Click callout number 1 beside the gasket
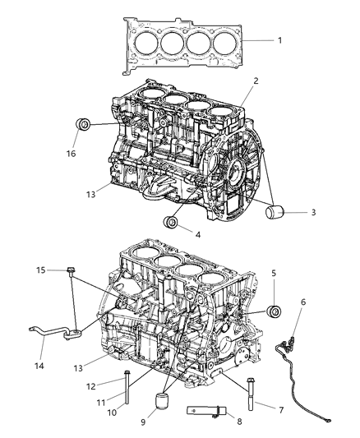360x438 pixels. click(x=279, y=40)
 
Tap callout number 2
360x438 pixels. click(x=256, y=82)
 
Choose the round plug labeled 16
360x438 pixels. click(x=84, y=126)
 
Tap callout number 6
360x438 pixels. click(x=302, y=302)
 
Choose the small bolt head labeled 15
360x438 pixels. click(x=73, y=270)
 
